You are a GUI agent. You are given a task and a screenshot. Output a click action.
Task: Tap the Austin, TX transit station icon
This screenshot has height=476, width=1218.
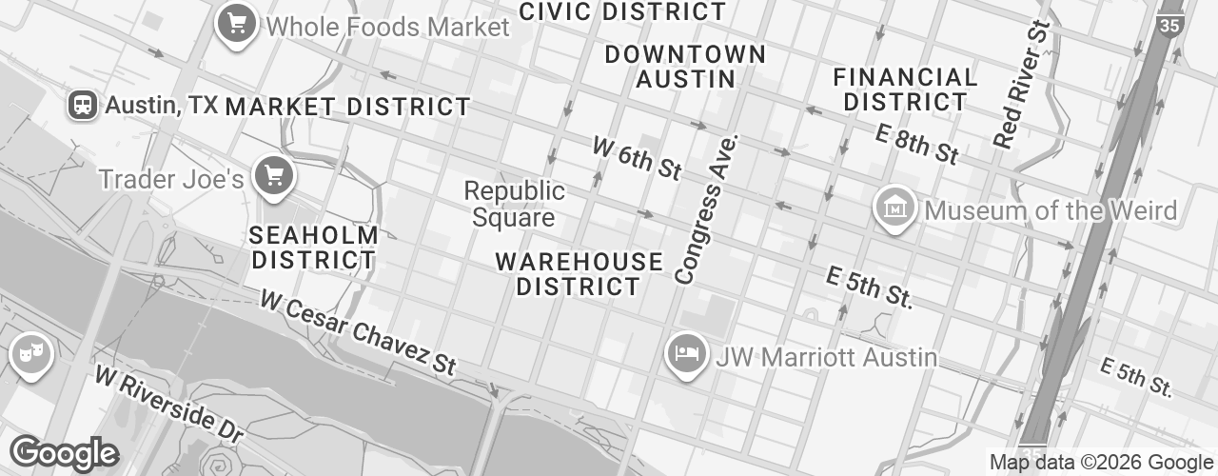pyautogui.click(x=83, y=105)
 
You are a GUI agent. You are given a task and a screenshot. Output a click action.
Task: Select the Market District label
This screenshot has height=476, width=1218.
pyautogui.click(x=347, y=107)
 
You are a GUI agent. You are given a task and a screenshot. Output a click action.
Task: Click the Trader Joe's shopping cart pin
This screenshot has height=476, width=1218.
pyautogui.click(x=275, y=175)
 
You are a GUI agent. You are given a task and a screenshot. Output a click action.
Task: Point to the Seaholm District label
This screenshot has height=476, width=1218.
pyautogui.click(x=313, y=247)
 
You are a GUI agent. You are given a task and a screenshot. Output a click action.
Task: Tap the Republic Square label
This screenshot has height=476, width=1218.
pyautogui.click(x=514, y=205)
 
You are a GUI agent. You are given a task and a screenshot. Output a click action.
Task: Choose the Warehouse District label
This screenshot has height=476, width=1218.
pyautogui.click(x=580, y=273)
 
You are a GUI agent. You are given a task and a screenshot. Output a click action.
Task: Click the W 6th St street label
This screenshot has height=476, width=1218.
pyautogui.click(x=637, y=157)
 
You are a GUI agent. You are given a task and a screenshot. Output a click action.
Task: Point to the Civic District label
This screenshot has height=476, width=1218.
pyautogui.click(x=623, y=12)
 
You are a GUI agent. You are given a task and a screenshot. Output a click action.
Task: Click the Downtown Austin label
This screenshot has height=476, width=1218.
pyautogui.click(x=685, y=67)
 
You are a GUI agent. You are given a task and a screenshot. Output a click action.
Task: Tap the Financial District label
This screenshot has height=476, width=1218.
pyautogui.click(x=905, y=89)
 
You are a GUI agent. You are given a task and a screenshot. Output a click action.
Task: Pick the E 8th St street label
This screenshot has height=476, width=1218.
pyautogui.click(x=916, y=144)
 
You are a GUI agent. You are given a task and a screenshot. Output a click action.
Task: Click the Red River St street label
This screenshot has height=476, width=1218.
pyautogui.click(x=1020, y=86)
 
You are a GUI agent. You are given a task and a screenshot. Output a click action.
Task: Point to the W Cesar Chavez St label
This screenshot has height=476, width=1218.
pyautogui.click(x=359, y=332)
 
